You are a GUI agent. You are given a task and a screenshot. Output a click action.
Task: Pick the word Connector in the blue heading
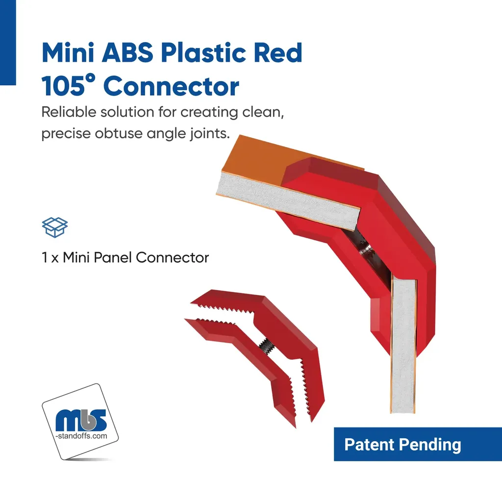pos(171,86)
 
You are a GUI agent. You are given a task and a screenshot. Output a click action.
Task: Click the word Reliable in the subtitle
pos(69,112)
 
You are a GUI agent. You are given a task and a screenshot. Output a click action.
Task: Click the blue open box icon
pos(55,227)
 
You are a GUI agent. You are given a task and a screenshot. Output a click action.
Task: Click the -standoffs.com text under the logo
pos(81,436)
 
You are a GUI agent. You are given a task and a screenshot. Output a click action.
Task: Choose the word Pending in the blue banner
pos(430,446)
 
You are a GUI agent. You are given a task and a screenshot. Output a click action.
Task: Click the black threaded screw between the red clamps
pos(266,346)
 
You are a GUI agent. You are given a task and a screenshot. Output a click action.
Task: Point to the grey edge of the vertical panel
pos(403,346)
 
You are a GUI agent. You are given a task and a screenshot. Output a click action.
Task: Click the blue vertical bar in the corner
pos(8,42)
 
